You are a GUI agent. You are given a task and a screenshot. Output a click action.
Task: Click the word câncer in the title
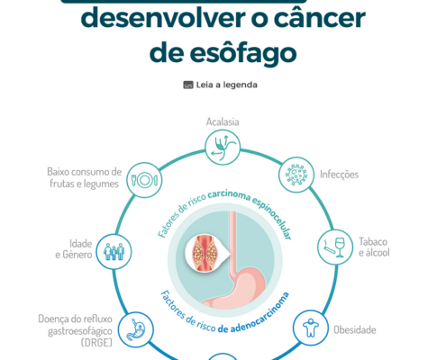319,19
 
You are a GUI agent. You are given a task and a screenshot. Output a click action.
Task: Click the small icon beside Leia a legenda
188,85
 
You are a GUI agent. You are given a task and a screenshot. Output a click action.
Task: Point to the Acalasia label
223,122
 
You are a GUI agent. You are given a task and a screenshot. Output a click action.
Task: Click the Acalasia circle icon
223,148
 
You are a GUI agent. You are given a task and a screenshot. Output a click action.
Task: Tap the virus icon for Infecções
296,175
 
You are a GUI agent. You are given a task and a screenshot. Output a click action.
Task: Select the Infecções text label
339,175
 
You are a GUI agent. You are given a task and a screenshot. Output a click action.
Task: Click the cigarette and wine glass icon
335,247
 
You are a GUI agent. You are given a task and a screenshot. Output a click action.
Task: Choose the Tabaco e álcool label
374,247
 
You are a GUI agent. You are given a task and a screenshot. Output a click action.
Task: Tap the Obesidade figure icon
311,328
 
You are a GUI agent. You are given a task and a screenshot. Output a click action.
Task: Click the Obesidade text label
355,330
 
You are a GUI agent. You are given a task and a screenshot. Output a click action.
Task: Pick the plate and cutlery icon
144,180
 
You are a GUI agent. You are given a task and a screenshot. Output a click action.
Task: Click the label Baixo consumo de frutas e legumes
85,177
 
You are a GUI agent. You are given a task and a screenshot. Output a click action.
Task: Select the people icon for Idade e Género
114,251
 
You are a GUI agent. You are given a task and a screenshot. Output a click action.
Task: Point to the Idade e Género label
74,249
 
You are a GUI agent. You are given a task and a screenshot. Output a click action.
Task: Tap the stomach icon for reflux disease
135,329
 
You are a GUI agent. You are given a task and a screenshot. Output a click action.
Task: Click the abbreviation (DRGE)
96,342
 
